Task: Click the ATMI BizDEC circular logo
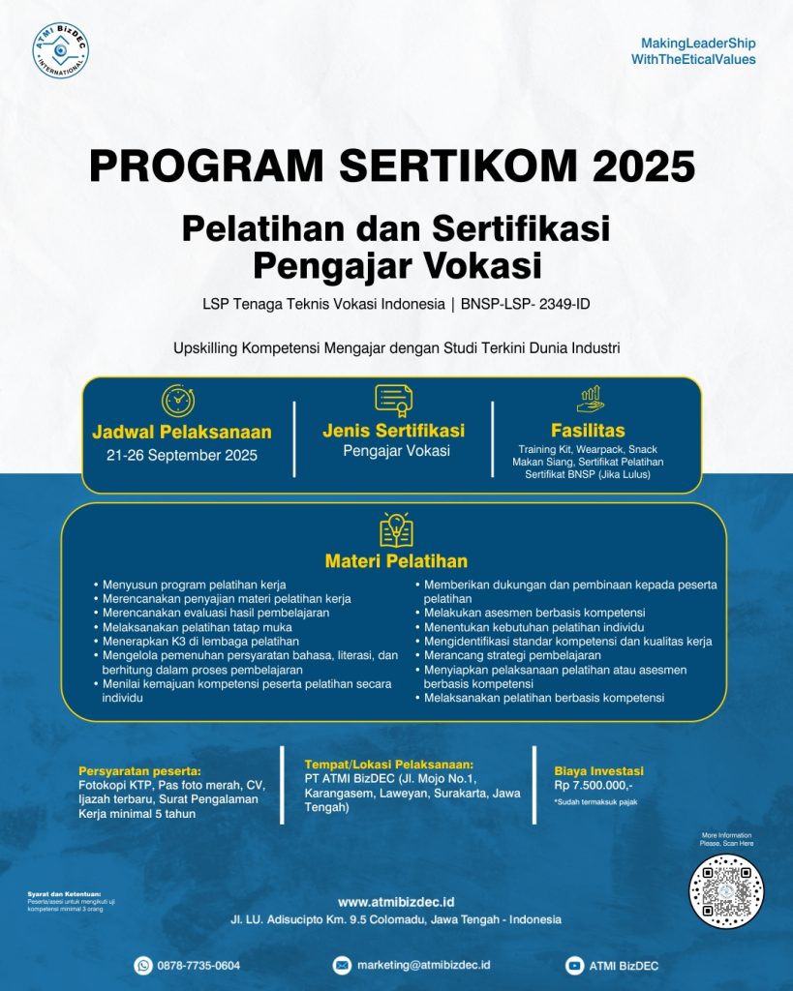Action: pos(60,49)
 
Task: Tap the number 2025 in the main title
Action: pos(644,165)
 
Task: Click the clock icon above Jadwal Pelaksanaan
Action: pos(178,401)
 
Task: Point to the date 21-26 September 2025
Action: pos(182,455)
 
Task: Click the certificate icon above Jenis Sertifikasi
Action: pos(393,399)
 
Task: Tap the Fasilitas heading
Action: pos(588,431)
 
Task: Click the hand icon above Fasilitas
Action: pos(590,399)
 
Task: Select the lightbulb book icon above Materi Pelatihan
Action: pos(395,530)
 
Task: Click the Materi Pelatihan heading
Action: pos(396,561)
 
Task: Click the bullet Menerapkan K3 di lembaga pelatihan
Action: pos(201,641)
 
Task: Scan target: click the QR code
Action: pos(726,891)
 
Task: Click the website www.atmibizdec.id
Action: pos(396,902)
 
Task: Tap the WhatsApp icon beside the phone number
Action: pos(144,965)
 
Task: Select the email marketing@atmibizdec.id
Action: pos(424,965)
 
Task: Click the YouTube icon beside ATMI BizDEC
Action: pos(574,965)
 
